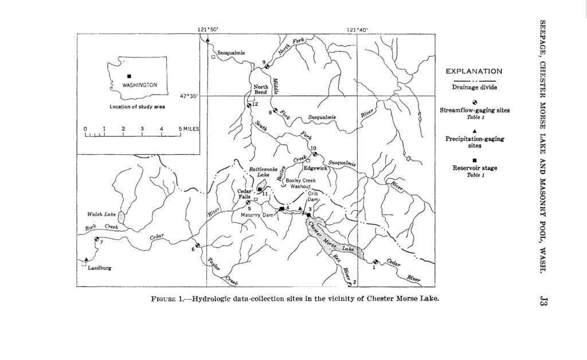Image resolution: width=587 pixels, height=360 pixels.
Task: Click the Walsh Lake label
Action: (x=101, y=214)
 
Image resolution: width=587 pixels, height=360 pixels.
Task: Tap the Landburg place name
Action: (x=99, y=268)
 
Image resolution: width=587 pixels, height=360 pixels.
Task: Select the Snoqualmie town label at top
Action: (x=231, y=53)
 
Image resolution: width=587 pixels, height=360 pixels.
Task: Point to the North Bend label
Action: (x=261, y=89)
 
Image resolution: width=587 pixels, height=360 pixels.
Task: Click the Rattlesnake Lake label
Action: (x=263, y=172)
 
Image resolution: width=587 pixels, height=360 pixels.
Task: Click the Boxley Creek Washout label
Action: (x=300, y=183)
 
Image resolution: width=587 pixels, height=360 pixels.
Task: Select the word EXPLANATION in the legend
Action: (x=473, y=72)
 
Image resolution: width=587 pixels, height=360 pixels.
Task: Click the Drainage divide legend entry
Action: (x=473, y=87)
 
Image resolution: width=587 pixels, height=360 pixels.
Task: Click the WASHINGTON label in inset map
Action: (x=139, y=85)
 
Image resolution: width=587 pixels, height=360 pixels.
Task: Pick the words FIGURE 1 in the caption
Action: (x=169, y=299)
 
